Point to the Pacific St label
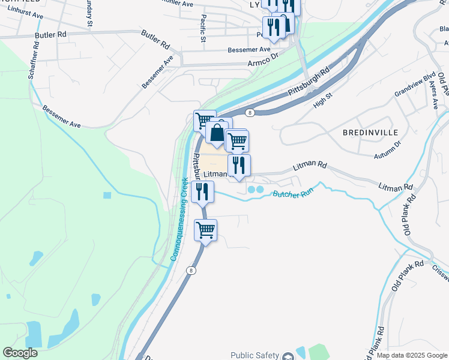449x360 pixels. (203, 29)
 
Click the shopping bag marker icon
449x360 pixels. (217, 133)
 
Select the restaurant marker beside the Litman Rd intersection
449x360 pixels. (239, 165)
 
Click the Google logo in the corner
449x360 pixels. (20, 353)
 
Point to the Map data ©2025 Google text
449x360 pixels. (412, 355)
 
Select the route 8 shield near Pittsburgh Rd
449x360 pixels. (249, 112)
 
